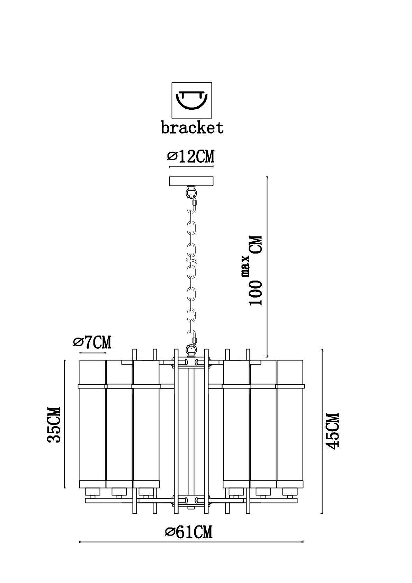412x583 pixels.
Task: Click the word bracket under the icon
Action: pos(192,127)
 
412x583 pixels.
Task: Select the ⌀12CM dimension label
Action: pos(191,157)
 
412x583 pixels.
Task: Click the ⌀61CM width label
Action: pos(189,532)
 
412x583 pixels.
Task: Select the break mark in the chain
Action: pos(191,261)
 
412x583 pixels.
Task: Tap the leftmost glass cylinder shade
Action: pos(92,424)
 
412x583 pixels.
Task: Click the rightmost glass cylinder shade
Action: pos(290,424)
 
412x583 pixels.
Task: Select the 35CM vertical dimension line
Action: pos(65,424)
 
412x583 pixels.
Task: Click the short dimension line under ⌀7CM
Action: pos(92,353)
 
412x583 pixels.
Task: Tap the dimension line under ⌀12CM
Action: pos(191,166)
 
